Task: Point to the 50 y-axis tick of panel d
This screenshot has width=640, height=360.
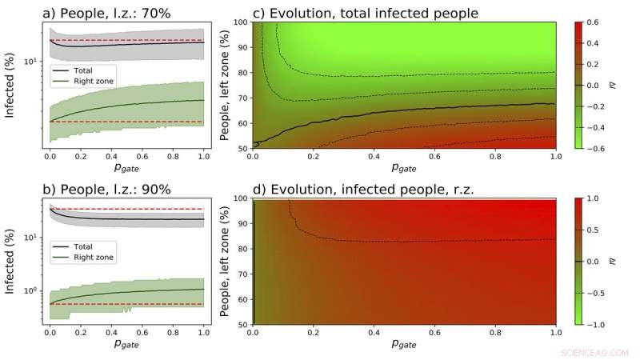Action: click(242, 324)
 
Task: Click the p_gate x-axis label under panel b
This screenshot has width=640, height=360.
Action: click(126, 346)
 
